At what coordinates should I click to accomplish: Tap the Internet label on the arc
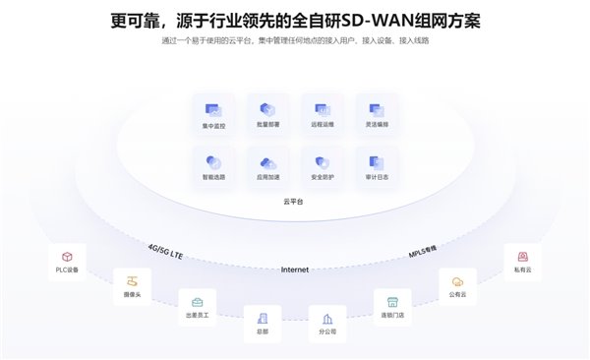pyautogui.click(x=295, y=269)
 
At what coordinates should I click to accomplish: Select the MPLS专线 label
pyautogui.click(x=423, y=253)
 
